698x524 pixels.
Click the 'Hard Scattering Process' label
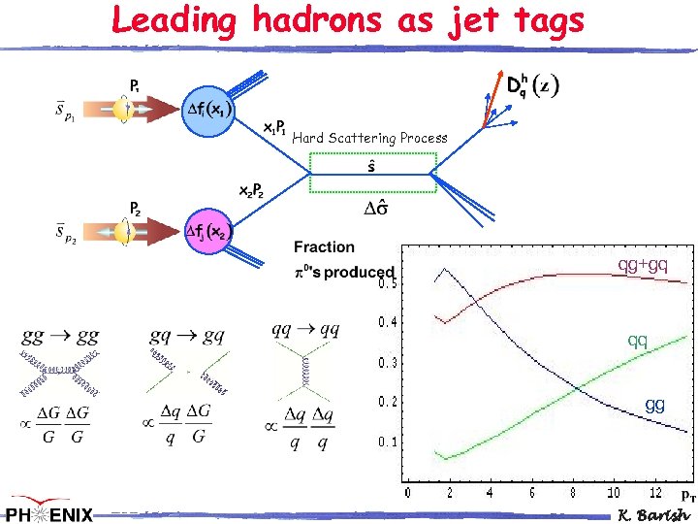tap(369, 138)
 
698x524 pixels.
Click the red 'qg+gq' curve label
tap(644, 264)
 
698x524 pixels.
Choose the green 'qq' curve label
tap(637, 341)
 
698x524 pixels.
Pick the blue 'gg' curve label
tap(655, 405)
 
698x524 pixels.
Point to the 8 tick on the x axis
tap(572, 493)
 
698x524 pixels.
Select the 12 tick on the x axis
tap(656, 493)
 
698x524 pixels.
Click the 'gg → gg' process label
tap(60, 336)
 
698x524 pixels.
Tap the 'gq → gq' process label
tap(187, 336)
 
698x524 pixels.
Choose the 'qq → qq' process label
tap(305, 329)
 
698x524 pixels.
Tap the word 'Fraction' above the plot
tap(324, 248)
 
